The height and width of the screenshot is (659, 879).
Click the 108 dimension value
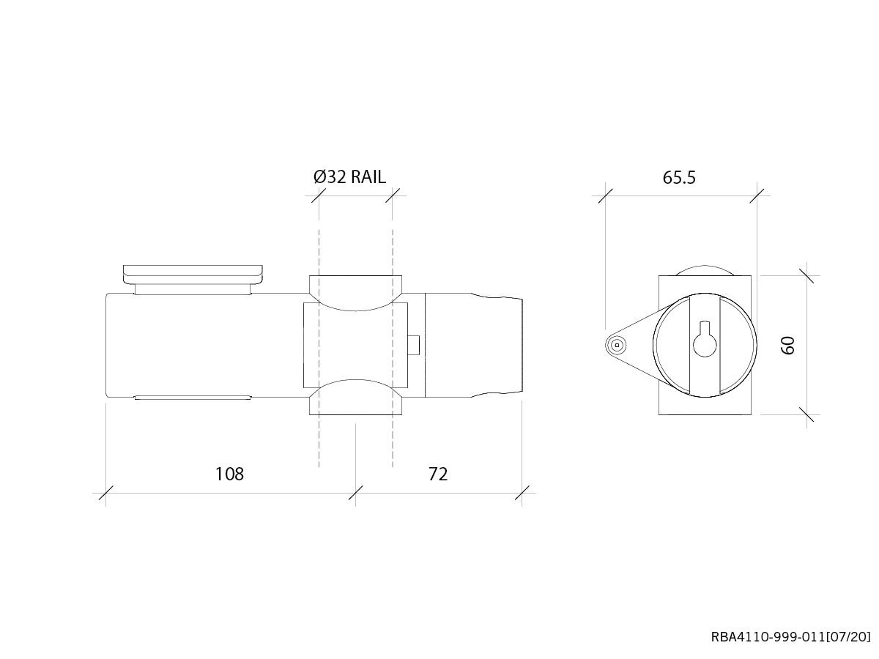(x=229, y=474)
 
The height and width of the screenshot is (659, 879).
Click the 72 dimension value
(x=437, y=474)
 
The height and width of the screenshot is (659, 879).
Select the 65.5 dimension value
(x=679, y=178)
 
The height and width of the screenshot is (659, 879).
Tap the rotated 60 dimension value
(x=788, y=345)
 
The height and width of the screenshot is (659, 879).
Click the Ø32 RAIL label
(x=349, y=177)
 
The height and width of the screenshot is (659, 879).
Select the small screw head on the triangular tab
(x=617, y=344)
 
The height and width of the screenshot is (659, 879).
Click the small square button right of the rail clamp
(x=414, y=345)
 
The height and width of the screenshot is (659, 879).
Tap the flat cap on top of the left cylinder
(x=193, y=273)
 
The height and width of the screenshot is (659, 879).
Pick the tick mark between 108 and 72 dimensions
(x=356, y=493)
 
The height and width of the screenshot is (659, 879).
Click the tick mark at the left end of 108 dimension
(x=106, y=493)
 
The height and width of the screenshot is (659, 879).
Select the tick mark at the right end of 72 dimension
(x=522, y=493)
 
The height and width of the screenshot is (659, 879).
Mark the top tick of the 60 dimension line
(x=807, y=276)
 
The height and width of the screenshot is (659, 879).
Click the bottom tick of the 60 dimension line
(x=807, y=414)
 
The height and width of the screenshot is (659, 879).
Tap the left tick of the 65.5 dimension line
(x=604, y=196)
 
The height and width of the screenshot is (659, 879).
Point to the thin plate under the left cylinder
(x=193, y=398)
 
